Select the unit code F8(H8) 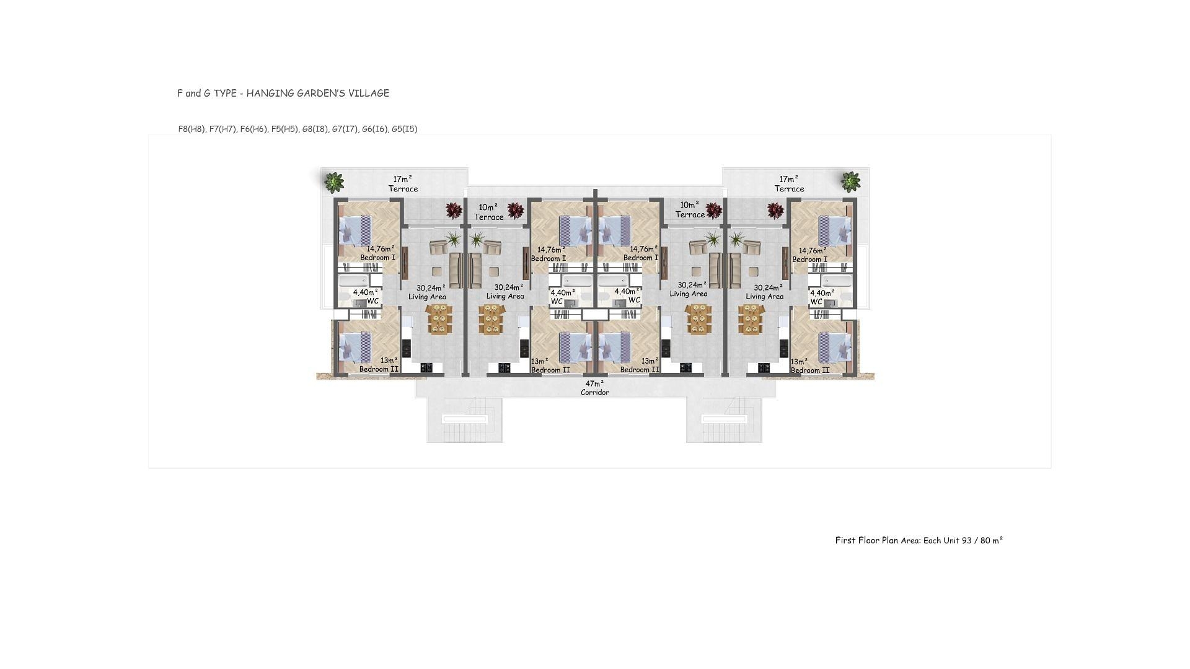coord(192,129)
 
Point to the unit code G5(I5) coord(405,129)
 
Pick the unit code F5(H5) coord(284,129)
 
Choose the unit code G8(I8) coord(315,129)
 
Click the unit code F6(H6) coord(253,129)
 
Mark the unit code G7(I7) coord(345,129)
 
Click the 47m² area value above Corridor coord(594,383)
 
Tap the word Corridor coord(595,393)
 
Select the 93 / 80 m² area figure coord(982,540)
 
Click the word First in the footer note coord(845,540)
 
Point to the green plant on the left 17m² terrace coord(334,182)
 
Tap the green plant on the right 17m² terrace coord(850,181)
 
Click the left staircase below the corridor coord(465,419)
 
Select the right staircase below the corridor coord(724,419)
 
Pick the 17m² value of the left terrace coord(403,179)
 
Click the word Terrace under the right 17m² coord(789,189)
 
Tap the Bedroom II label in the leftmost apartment coord(379,369)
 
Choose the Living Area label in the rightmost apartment coord(764,297)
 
